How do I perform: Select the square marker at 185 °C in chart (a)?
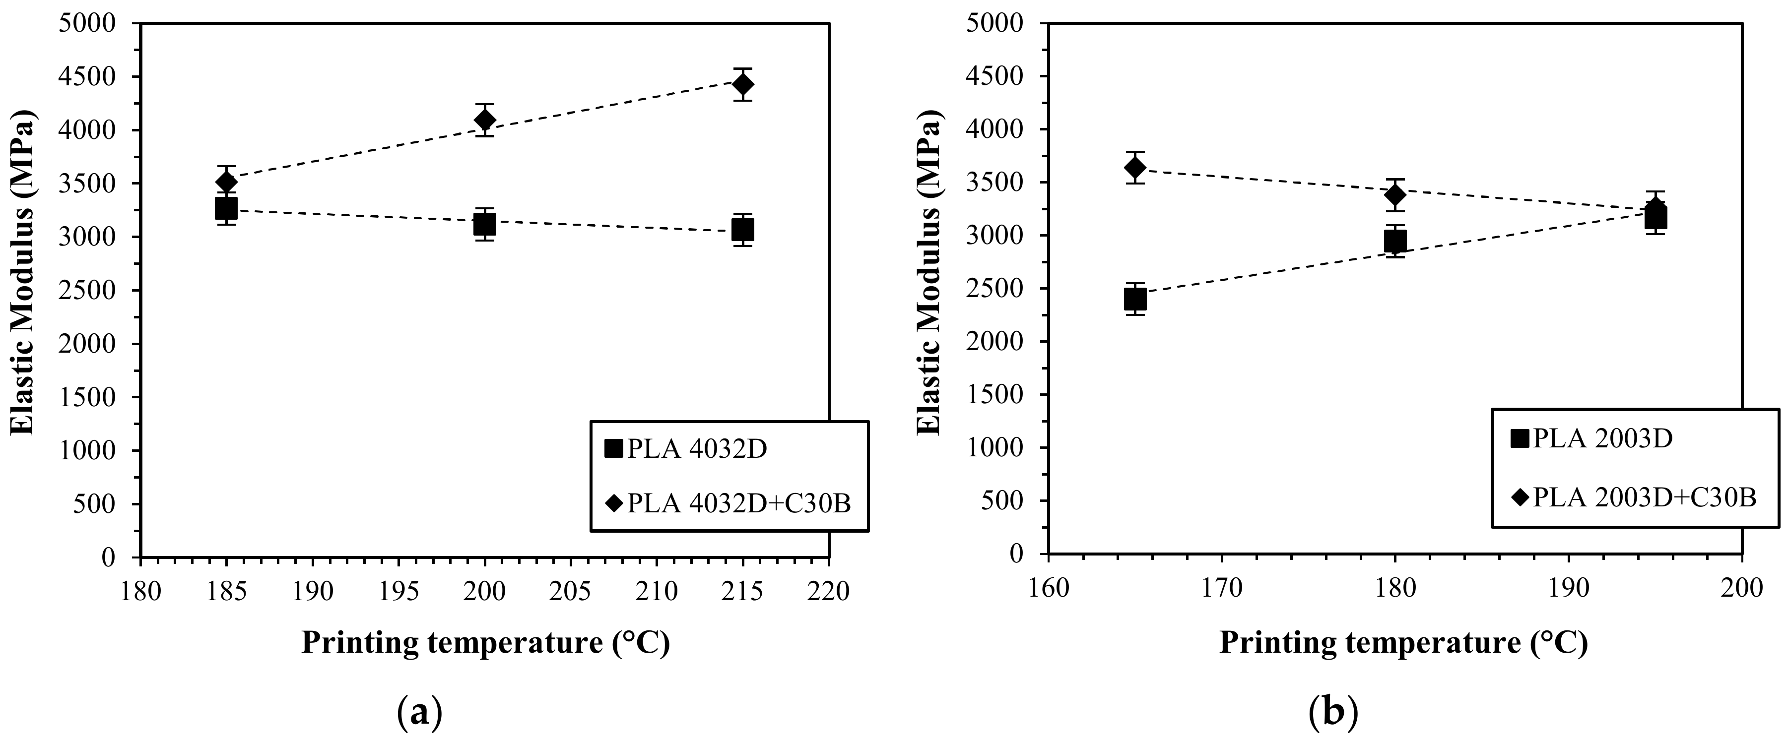(x=226, y=207)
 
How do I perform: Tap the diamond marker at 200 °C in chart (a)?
(x=484, y=120)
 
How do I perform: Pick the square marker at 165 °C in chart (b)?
(x=1135, y=299)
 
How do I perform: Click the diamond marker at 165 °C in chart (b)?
(x=1135, y=167)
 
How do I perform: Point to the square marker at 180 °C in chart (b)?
(x=1395, y=241)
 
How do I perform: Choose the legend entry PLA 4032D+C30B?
(x=738, y=503)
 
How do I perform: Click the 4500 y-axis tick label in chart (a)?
(x=88, y=77)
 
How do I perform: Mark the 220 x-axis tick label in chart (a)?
(x=829, y=592)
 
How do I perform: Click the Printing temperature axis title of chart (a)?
(x=485, y=643)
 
